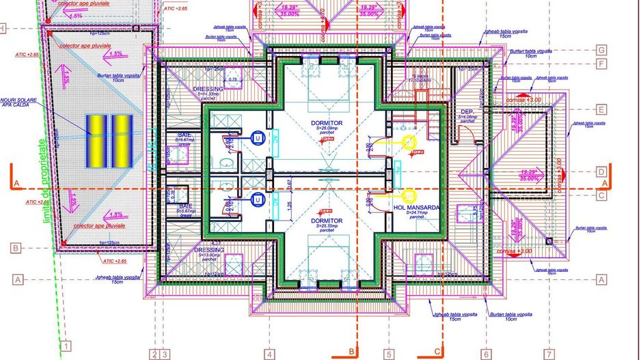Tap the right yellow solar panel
tap(121, 141)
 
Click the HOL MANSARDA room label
tap(416, 208)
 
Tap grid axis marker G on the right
tap(601, 51)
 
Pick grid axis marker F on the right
tap(601, 64)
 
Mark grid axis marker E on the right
tap(601, 109)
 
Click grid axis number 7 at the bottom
tap(548, 354)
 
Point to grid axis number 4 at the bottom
tap(270, 354)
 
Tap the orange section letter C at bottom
tap(437, 351)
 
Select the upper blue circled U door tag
tap(257, 139)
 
